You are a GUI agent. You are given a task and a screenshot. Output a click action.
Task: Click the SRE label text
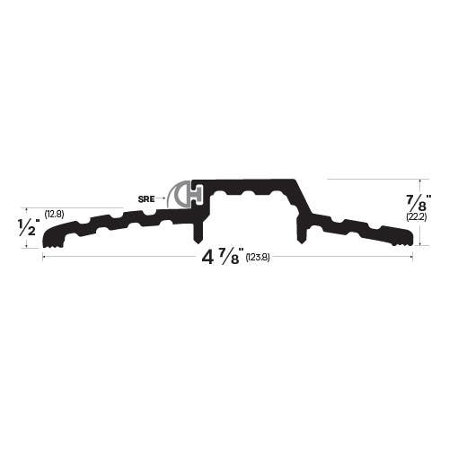point(147,197)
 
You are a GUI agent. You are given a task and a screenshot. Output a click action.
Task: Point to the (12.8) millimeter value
point(54,214)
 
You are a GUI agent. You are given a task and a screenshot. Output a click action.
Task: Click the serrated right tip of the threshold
point(407,238)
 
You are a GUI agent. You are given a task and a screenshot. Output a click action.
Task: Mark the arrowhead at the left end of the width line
point(44,259)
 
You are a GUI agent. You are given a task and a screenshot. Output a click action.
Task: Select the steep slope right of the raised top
point(305,198)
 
